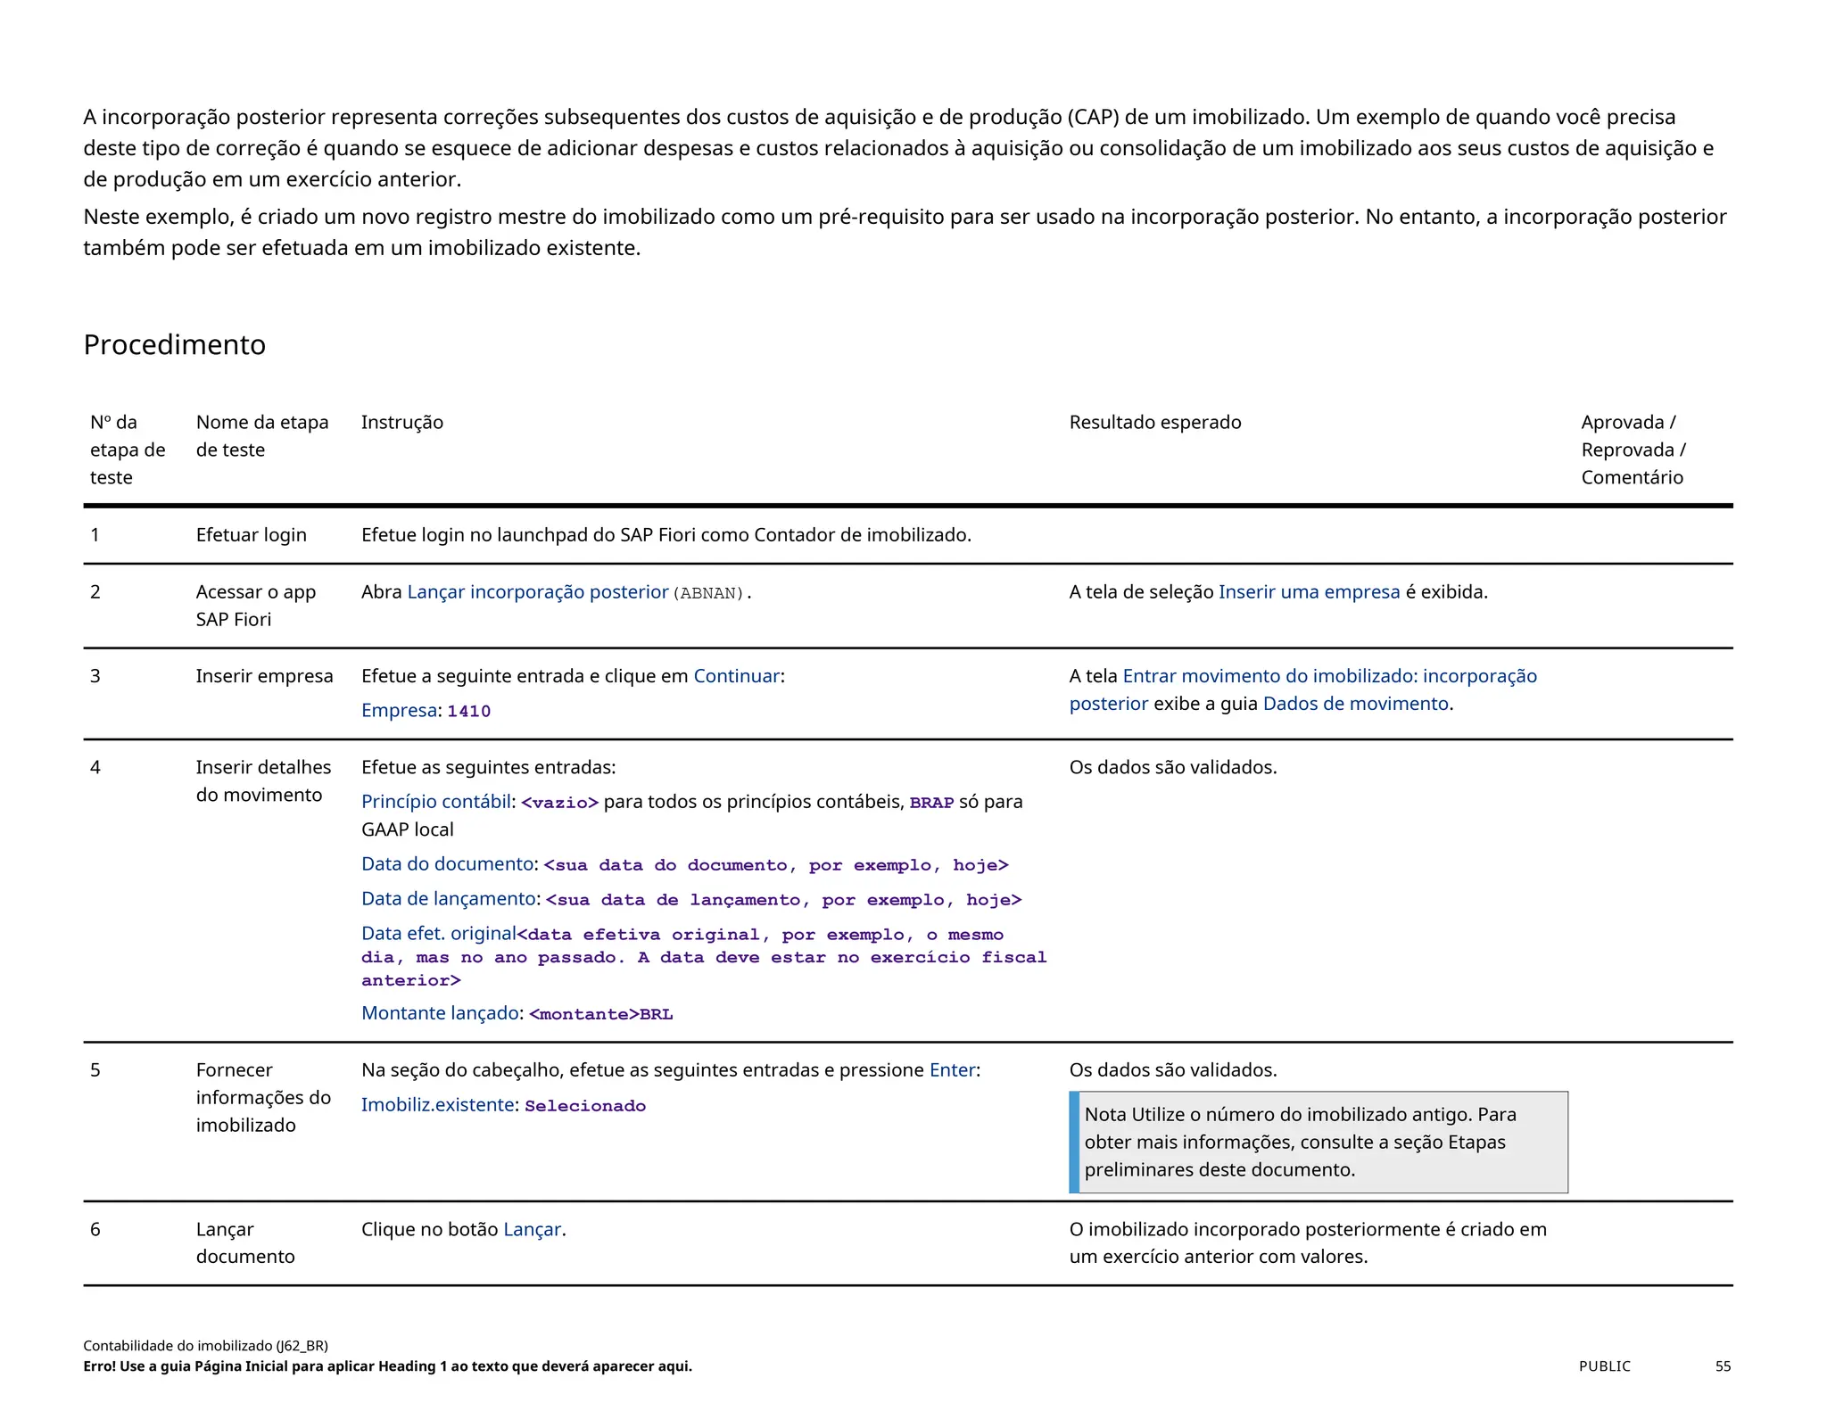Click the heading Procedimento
point(174,344)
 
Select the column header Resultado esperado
point(1154,422)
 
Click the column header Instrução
point(401,422)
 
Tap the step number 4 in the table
point(95,767)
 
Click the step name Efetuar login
point(251,534)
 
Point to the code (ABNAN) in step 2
point(708,593)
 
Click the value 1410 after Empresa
point(468,711)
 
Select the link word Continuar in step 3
point(736,676)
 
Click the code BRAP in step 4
point(931,803)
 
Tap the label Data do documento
point(447,863)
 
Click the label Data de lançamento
point(448,898)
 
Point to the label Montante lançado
point(440,1012)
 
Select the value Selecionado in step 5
point(584,1106)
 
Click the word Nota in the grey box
point(1104,1114)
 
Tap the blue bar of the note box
point(1074,1142)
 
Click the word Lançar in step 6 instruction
point(532,1229)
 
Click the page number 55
point(1723,1366)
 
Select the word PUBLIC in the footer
point(1604,1366)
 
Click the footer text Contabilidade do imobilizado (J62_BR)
point(205,1345)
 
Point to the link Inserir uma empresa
point(1309,591)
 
